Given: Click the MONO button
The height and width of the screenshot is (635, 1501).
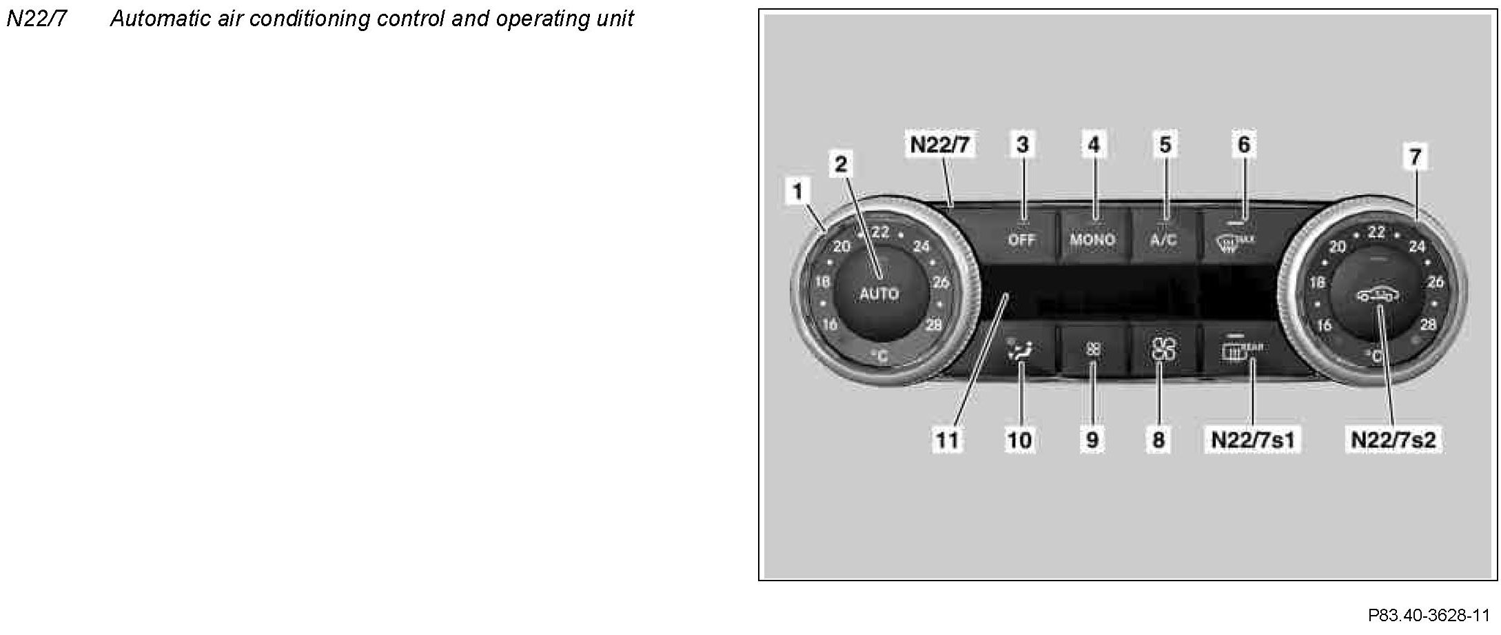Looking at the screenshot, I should [x=1092, y=239].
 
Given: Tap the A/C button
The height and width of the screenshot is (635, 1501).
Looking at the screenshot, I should [x=1163, y=239].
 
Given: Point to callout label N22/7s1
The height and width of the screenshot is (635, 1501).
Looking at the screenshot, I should [x=1252, y=440].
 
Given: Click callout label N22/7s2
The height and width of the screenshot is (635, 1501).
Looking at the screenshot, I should [x=1393, y=440].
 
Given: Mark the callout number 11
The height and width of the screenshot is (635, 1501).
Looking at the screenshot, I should [x=947, y=440].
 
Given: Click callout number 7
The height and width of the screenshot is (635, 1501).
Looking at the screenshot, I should [x=1415, y=157].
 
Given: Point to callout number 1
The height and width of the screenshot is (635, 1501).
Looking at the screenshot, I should [x=798, y=191].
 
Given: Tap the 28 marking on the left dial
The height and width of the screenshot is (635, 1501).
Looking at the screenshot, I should [x=933, y=325].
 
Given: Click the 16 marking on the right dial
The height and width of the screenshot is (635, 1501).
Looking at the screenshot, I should [x=1324, y=325].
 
